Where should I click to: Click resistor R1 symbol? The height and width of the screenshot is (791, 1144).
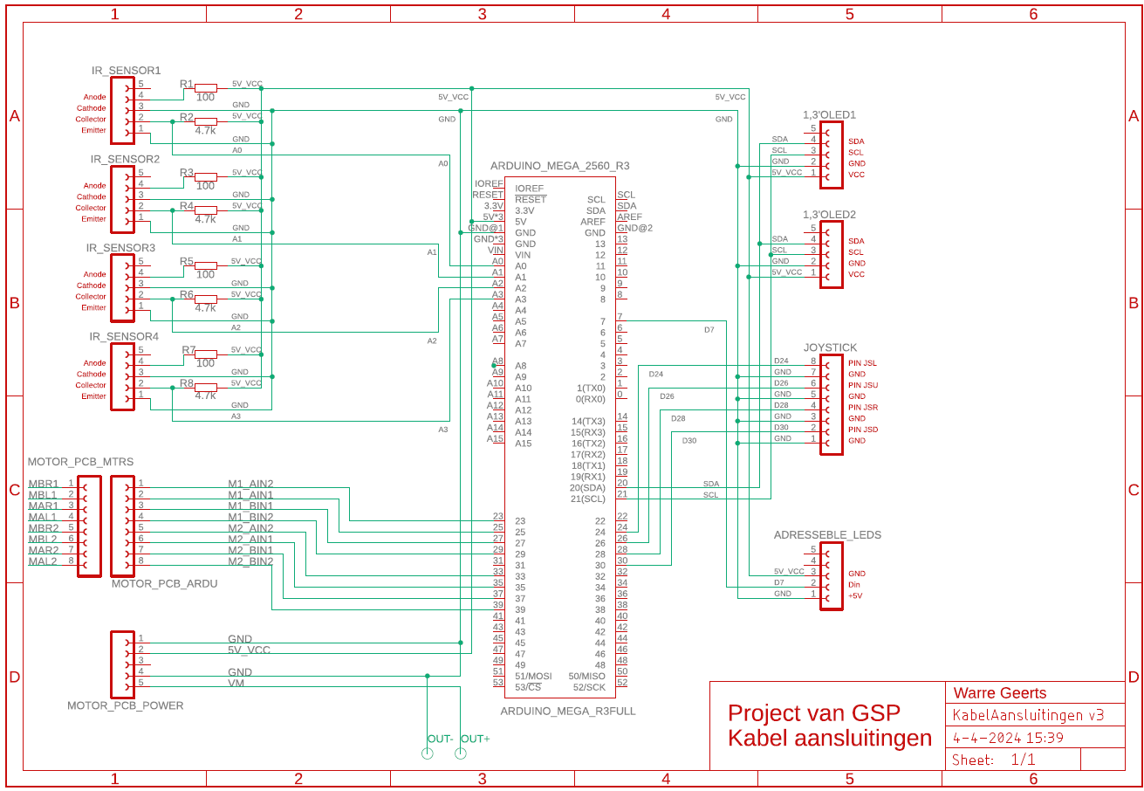point(206,87)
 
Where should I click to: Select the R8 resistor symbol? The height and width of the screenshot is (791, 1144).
point(206,387)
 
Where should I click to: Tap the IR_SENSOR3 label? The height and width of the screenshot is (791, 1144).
point(120,248)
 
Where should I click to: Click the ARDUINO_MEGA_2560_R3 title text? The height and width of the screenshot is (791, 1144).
point(559,165)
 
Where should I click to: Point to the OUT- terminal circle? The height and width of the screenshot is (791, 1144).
point(428,753)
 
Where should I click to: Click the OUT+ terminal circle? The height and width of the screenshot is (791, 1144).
point(461,753)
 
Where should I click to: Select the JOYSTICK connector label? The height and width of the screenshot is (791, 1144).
point(830,347)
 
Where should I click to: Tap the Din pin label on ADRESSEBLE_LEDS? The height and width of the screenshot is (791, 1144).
point(853,585)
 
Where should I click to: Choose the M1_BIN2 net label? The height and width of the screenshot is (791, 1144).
point(250,517)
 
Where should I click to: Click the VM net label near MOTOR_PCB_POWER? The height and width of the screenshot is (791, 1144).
point(236,684)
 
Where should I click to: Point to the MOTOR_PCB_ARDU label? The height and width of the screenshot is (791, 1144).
point(164,584)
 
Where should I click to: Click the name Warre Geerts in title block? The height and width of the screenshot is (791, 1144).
point(999,693)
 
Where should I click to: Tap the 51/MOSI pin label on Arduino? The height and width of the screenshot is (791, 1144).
point(533,676)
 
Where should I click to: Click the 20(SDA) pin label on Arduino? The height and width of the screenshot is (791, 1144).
point(587,488)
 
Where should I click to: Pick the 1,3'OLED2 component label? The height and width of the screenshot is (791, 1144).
point(829,215)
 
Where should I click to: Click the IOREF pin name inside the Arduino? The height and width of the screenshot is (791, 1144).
point(529,189)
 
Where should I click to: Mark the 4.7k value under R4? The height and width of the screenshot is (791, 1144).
point(205,219)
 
